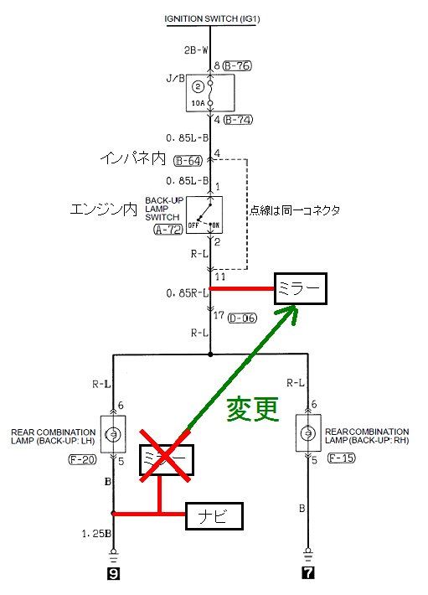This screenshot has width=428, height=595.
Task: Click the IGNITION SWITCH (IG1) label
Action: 212,18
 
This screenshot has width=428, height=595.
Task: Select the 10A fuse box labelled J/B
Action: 210,93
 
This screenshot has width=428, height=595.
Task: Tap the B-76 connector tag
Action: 237,65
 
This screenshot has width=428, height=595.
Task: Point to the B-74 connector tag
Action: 238,120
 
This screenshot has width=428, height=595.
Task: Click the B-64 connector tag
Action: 188,161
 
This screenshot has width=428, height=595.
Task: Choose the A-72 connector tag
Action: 168,229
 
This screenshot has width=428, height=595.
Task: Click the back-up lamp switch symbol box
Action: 204,215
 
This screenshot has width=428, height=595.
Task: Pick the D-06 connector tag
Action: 242,318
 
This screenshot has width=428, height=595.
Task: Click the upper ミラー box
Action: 300,289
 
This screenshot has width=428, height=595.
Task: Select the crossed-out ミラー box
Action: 167,459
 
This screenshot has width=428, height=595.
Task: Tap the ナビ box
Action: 214,516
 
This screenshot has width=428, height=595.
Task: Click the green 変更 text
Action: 252,409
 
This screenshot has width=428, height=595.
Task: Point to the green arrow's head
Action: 291,313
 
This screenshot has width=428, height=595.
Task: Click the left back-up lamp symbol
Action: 113,434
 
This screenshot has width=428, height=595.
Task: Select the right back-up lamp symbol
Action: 308,433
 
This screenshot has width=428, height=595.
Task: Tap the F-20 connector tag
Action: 82,459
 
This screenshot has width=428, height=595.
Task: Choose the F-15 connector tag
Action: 341,458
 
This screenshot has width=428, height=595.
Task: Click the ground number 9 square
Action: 113,574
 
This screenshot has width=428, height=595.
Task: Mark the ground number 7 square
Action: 308,573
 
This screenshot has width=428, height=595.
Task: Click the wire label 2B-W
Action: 196,49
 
